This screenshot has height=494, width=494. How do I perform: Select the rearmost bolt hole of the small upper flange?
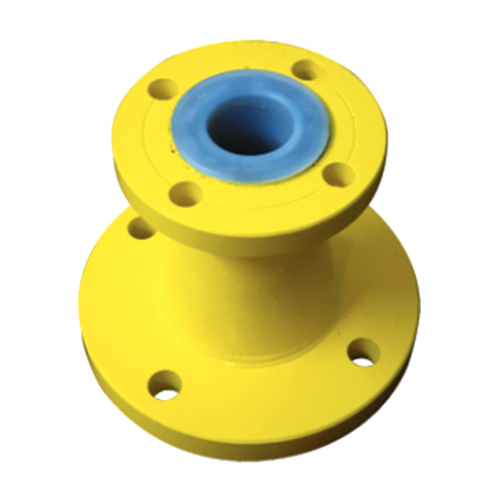tap(307, 70)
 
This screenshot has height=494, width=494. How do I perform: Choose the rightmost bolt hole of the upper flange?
tap(339, 176)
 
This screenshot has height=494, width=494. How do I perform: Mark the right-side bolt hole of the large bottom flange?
tap(364, 350)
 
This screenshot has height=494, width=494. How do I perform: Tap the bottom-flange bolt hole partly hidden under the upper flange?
tap(141, 229)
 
